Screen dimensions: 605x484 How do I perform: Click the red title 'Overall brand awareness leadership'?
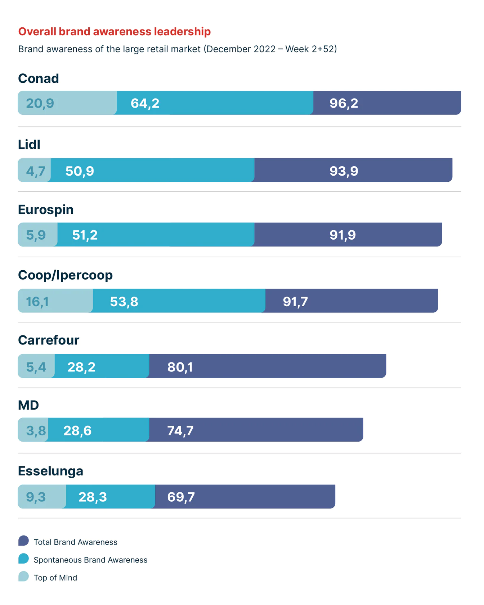pyautogui.click(x=114, y=32)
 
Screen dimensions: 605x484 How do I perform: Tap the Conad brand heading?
pyautogui.click(x=39, y=78)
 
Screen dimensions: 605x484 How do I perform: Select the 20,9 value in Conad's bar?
pyautogui.click(x=40, y=103)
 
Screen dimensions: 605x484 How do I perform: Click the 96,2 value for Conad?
pyautogui.click(x=344, y=103)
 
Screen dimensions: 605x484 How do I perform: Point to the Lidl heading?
pyautogui.click(x=29, y=145)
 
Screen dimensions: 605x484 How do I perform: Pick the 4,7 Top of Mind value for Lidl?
pyautogui.click(x=36, y=171)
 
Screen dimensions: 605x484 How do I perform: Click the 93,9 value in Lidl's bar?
pyautogui.click(x=344, y=171)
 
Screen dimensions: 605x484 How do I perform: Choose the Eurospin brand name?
pyautogui.click(x=46, y=209)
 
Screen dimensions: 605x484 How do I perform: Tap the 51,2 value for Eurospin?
pyautogui.click(x=85, y=235)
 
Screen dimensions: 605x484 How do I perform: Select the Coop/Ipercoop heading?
pyautogui.click(x=65, y=275)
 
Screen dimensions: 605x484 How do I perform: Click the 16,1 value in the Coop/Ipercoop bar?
pyautogui.click(x=37, y=302)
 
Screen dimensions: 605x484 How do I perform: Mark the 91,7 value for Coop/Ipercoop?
pyautogui.click(x=295, y=302)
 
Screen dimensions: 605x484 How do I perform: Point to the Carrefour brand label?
pyautogui.click(x=49, y=340)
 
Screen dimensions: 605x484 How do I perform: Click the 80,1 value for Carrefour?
pyautogui.click(x=180, y=367)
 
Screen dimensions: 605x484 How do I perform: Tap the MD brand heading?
pyautogui.click(x=28, y=405)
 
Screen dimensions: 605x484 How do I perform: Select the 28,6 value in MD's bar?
pyautogui.click(x=77, y=430)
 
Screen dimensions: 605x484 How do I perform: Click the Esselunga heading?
pyautogui.click(x=50, y=471)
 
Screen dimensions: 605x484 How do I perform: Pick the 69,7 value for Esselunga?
pyautogui.click(x=181, y=497)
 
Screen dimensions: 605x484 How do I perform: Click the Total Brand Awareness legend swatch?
pyautogui.click(x=23, y=541)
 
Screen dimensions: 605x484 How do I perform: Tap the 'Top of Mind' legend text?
pyautogui.click(x=55, y=578)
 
